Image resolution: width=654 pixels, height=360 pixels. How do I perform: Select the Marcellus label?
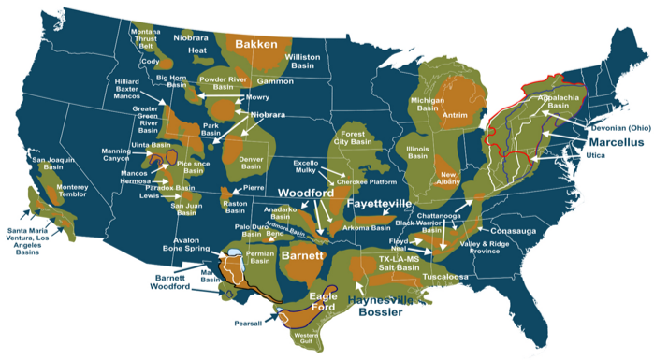click(616, 142)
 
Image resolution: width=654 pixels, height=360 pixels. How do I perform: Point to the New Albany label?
click(450, 180)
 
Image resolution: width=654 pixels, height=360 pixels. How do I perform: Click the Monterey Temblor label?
click(72, 192)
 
